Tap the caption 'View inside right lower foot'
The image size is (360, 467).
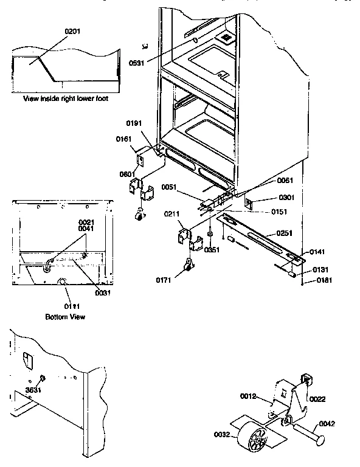click(66, 98)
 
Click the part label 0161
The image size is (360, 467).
click(124, 139)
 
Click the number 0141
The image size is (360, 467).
click(317, 251)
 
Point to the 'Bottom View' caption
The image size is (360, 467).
click(66, 317)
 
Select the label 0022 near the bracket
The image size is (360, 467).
click(317, 399)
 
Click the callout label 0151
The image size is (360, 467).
click(279, 212)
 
